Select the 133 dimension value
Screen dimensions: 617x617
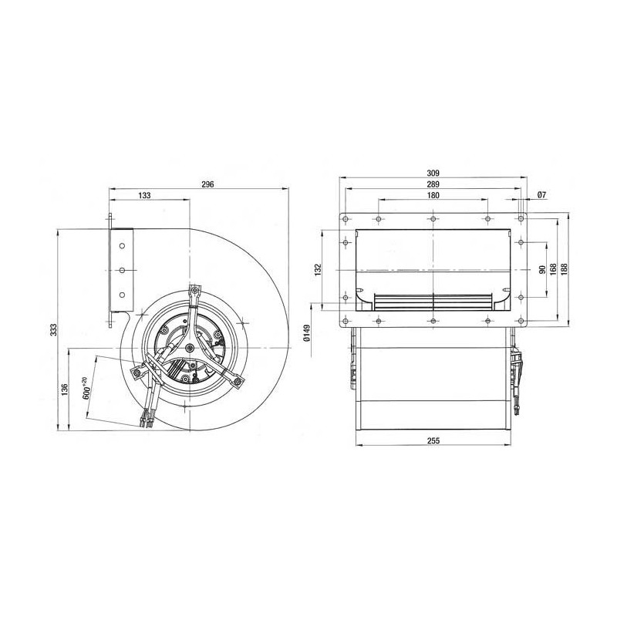click(x=145, y=197)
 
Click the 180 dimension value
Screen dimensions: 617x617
click(x=433, y=197)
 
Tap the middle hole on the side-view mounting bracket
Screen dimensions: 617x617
click(x=122, y=269)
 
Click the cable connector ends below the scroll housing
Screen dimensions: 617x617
click(x=146, y=421)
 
